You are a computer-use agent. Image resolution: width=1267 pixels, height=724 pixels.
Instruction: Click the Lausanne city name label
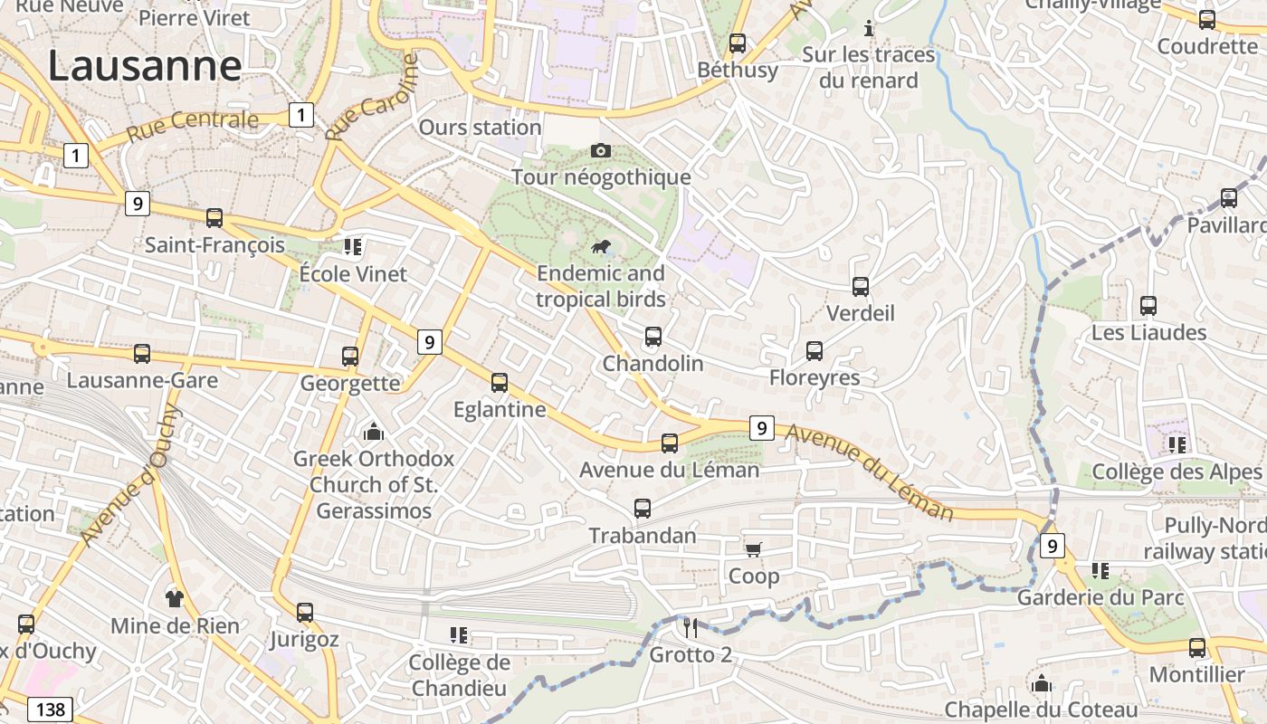(145, 66)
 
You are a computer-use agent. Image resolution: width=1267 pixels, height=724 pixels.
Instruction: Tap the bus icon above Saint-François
(214, 218)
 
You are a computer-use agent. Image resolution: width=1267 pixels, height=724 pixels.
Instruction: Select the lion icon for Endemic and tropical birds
(600, 246)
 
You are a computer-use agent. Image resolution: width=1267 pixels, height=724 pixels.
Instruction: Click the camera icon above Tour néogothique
(600, 150)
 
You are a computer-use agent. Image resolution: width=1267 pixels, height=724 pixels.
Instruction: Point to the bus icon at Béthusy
(738, 43)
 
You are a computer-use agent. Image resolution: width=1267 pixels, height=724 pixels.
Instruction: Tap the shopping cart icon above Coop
(753, 549)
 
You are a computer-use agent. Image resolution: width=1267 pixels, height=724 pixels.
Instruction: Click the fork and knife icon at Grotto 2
(690, 627)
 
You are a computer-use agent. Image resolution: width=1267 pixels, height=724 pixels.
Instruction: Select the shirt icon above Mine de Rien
(175, 598)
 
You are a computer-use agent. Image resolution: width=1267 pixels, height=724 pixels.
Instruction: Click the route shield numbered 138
(50, 709)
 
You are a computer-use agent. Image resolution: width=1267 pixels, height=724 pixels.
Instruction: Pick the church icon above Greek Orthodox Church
(373, 433)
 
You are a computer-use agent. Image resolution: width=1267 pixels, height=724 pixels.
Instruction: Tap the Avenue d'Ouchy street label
(131, 476)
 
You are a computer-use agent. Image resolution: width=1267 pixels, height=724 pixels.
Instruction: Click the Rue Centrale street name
(193, 126)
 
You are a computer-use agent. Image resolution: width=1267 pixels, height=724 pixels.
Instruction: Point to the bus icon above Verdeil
(861, 287)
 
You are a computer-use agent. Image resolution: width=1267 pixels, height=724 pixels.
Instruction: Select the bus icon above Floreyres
(814, 351)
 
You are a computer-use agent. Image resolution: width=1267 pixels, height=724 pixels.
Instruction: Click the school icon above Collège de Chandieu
(459, 635)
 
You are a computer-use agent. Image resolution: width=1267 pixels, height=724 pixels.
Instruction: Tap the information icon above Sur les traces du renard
(869, 28)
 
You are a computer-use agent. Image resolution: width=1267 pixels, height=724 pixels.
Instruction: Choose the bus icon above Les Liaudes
(1148, 306)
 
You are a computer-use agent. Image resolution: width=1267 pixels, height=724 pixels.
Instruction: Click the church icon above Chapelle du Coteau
(1042, 683)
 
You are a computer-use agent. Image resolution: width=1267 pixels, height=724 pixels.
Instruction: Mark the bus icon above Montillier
(1197, 648)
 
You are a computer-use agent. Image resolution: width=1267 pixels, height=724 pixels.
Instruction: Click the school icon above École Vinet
(353, 246)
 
